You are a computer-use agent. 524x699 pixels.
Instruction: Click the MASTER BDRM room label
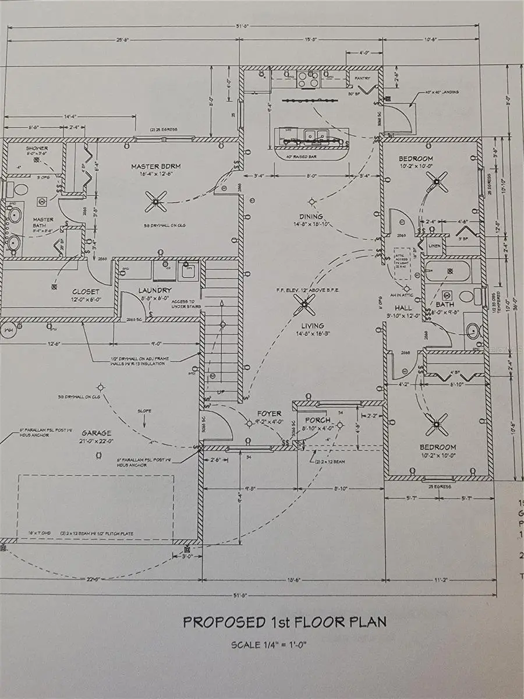pyautogui.click(x=155, y=167)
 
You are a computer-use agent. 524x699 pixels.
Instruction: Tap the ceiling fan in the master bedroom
pyautogui.click(x=155, y=202)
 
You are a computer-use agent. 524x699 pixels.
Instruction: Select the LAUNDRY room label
pyautogui.click(x=155, y=290)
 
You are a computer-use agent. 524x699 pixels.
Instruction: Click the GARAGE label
pyautogui.click(x=96, y=433)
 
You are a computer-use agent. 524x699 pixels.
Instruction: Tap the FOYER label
pyautogui.click(x=269, y=414)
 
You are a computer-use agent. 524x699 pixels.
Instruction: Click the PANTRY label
pyautogui.click(x=363, y=78)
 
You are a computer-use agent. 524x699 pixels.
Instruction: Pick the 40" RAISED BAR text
pyautogui.click(x=305, y=157)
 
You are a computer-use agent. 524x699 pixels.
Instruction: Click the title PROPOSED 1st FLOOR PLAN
pyautogui.click(x=285, y=622)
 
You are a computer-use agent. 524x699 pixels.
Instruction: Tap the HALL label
pyautogui.click(x=403, y=308)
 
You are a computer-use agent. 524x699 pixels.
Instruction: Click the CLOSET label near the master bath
pyautogui.click(x=86, y=292)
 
